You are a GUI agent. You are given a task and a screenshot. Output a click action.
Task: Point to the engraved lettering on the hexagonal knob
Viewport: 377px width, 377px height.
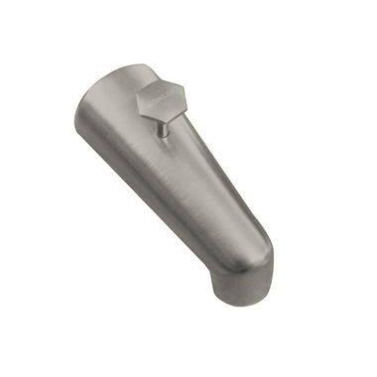pyautogui.click(x=155, y=99)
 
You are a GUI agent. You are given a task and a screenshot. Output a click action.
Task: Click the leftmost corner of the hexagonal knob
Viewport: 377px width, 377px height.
pyautogui.click(x=137, y=99)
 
